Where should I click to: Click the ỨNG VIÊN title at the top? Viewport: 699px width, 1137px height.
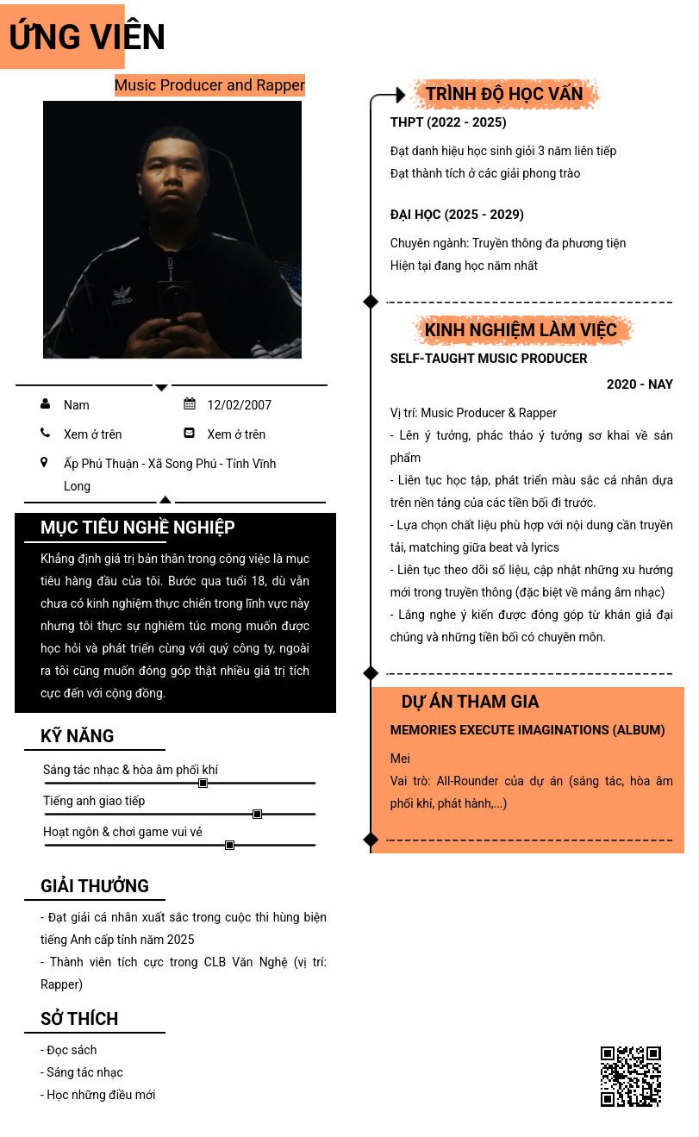[x=86, y=37]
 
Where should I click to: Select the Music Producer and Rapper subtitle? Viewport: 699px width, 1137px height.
[x=209, y=85]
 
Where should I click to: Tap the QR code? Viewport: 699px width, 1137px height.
[x=630, y=1076]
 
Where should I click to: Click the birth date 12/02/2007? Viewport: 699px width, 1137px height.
[x=239, y=405]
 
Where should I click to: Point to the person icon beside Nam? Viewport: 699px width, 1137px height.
[x=45, y=404]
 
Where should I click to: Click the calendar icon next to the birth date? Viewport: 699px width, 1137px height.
[x=190, y=404]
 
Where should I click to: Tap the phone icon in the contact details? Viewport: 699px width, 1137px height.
[x=45, y=434]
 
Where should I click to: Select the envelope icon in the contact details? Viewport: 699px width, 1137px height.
[x=190, y=434]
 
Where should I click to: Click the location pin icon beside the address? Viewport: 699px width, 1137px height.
[x=45, y=463]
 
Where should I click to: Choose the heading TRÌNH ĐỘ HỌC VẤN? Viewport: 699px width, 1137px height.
[x=504, y=94]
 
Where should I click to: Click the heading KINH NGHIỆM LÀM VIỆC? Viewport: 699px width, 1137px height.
[x=521, y=330]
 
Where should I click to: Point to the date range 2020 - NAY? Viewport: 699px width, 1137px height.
[x=640, y=384]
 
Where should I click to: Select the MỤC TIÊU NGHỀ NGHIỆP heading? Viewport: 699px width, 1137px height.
[x=137, y=528]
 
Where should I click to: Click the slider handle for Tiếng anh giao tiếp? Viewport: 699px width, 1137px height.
[x=257, y=814]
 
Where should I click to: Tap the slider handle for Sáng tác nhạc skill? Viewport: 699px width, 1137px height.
[x=203, y=783]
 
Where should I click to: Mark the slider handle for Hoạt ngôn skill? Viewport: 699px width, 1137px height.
[x=229, y=845]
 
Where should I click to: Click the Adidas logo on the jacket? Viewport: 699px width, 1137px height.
[x=122, y=295]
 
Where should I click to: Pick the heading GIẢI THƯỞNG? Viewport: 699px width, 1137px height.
[x=95, y=886]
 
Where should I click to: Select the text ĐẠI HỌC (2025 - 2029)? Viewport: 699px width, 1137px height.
[x=457, y=215]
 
